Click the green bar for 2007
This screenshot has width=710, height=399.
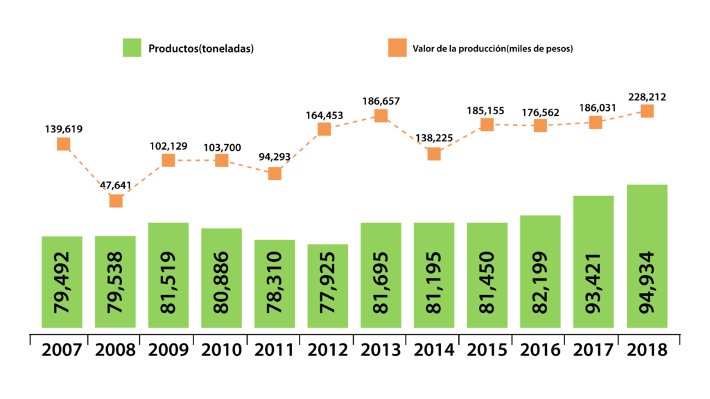tap(62, 282)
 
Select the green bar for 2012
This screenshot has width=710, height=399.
tap(328, 286)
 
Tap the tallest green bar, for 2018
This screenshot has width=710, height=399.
tap(647, 256)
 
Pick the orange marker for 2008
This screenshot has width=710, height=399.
tap(116, 201)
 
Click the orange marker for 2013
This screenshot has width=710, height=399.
tap(381, 116)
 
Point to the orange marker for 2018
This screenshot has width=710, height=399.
tap(647, 111)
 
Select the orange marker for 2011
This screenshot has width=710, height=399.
tap(275, 174)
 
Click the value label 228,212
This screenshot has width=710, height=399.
tap(647, 97)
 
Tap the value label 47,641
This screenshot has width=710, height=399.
tap(116, 185)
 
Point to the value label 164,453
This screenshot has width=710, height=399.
tap(324, 116)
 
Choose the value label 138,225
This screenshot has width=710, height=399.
tap(434, 138)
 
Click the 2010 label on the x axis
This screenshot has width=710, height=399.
tap(221, 350)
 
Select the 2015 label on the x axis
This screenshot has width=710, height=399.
tap(487, 350)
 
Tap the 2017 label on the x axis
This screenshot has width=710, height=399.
tap(594, 350)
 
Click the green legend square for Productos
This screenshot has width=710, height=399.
tap(132, 48)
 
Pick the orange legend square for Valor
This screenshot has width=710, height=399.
tap(397, 48)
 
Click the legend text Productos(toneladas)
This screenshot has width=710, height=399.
tap(201, 48)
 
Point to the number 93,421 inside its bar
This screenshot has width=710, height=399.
tap(594, 283)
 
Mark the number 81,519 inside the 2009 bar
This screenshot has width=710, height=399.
tap(168, 283)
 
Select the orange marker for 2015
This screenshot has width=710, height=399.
tap(487, 125)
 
